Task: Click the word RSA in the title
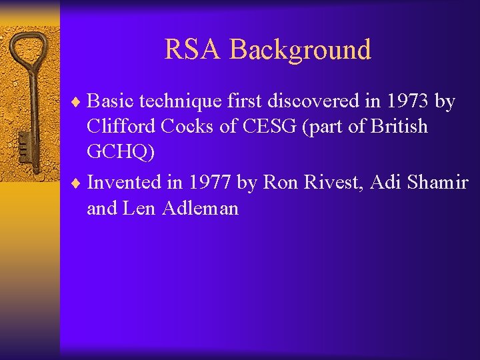tap(193, 49)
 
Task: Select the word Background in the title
tap(300, 49)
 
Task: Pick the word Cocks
tap(189, 127)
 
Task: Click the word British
tap(397, 127)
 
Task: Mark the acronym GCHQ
tap(120, 153)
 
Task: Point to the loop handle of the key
tap(28, 50)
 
